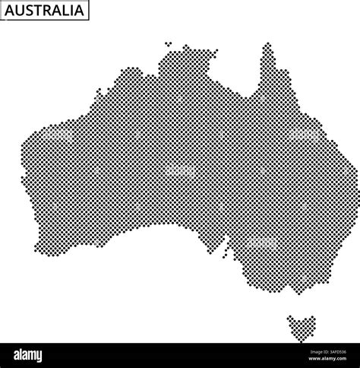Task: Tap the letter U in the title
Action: pyautogui.click(x=21, y=11)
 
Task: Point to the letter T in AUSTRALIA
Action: pyautogui.click(x=39, y=11)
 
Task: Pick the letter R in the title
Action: pyautogui.click(x=48, y=11)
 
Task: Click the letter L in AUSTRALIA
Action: pyautogui.click(x=66, y=11)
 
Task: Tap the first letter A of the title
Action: pyautogui.click(x=11, y=11)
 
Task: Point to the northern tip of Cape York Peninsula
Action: pyautogui.click(x=267, y=45)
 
